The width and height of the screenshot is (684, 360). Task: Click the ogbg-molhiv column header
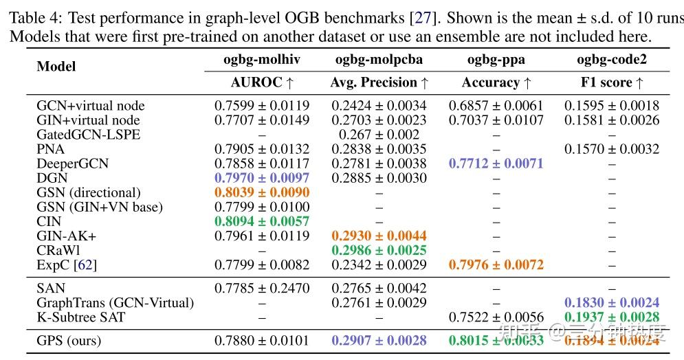pyautogui.click(x=261, y=59)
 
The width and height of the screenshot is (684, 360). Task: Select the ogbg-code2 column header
pyautogui.click(x=611, y=59)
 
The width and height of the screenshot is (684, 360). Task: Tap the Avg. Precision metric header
pyautogui.click(x=379, y=82)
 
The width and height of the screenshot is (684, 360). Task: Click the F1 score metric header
pyautogui.click(x=611, y=82)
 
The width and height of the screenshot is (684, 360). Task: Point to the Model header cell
pyautogui.click(x=56, y=67)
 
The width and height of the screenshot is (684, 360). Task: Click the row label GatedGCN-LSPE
pyautogui.click(x=88, y=135)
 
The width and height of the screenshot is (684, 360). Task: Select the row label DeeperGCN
pyautogui.click(x=72, y=164)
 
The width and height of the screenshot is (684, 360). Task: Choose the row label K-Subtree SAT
pyautogui.click(x=80, y=317)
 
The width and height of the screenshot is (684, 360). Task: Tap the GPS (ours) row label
pyautogui.click(x=69, y=341)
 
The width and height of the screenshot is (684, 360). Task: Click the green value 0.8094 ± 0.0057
pyautogui.click(x=261, y=221)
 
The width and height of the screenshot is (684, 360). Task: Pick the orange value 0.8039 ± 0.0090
pyautogui.click(x=261, y=192)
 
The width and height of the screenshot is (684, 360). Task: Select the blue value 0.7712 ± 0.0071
pyautogui.click(x=496, y=164)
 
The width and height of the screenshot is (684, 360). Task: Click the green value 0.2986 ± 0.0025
pyautogui.click(x=379, y=250)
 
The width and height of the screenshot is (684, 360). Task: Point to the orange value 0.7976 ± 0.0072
pyautogui.click(x=496, y=265)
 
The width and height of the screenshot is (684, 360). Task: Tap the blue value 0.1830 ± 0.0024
pyautogui.click(x=611, y=302)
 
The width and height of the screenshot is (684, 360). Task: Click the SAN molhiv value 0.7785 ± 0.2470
pyautogui.click(x=261, y=288)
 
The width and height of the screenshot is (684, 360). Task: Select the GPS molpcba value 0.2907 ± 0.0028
pyautogui.click(x=379, y=341)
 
